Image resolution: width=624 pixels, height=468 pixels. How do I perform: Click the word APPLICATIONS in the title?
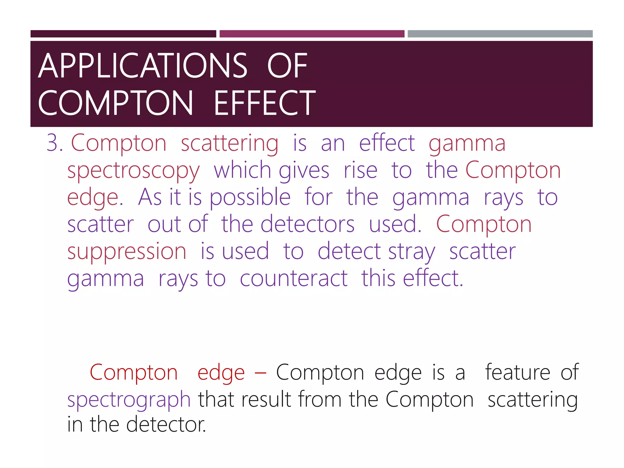(142, 66)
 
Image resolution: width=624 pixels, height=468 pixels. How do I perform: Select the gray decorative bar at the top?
(500, 34)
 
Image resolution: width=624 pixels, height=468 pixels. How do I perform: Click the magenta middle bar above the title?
(312, 34)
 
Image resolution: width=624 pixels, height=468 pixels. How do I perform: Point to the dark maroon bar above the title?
(123, 34)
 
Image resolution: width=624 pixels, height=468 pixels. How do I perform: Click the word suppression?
(127, 252)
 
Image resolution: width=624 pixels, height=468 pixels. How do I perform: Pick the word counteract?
(293, 278)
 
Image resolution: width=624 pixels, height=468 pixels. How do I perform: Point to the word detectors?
(307, 225)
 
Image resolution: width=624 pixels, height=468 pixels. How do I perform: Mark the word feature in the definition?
(517, 372)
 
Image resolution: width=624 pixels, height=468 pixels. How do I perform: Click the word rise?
(360, 170)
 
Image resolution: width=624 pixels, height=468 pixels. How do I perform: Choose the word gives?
(304, 171)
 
